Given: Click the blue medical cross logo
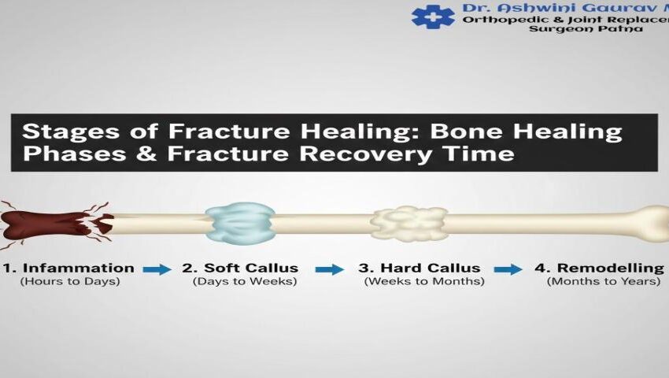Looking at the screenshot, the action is [433, 17].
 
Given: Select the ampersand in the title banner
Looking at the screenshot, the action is [147, 154].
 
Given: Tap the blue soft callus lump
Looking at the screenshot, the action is [240, 224].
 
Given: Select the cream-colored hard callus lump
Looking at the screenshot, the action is [409, 224].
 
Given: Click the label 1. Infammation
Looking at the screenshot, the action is [68, 269].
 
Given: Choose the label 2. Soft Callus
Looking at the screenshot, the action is [240, 269].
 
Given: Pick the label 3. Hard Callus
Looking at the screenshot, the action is [420, 269].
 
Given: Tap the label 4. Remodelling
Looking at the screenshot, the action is [600, 269].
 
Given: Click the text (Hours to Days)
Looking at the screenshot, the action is [70, 281].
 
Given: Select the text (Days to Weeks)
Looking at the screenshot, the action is [245, 281].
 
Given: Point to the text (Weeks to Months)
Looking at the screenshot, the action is [424, 281].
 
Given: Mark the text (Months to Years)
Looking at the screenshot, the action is [604, 281].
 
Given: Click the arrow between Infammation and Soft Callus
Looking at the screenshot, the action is [157, 269].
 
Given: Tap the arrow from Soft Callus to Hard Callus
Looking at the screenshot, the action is [330, 269].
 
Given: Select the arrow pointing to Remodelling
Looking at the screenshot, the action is [508, 269].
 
